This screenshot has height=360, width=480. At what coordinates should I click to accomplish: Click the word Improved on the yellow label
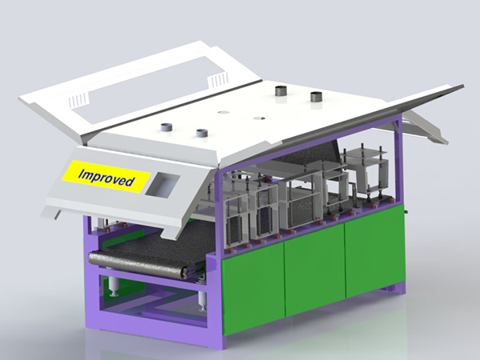click(x=106, y=178)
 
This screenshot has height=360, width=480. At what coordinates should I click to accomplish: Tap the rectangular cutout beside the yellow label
click(x=162, y=184)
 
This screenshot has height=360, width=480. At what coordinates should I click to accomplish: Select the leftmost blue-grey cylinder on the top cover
click(x=167, y=127)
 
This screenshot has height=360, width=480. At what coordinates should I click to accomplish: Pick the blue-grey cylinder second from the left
click(x=202, y=134)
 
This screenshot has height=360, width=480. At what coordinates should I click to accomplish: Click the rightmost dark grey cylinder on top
click(x=317, y=97)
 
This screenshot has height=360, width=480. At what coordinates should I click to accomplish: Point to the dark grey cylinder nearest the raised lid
click(x=282, y=91)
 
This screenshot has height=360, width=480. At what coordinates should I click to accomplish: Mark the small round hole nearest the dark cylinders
click(x=259, y=118)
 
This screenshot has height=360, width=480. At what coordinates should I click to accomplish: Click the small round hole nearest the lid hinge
click(x=223, y=112)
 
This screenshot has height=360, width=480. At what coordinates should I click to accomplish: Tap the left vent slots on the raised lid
click(x=78, y=100)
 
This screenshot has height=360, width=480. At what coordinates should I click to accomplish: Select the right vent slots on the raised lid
click(x=218, y=81)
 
